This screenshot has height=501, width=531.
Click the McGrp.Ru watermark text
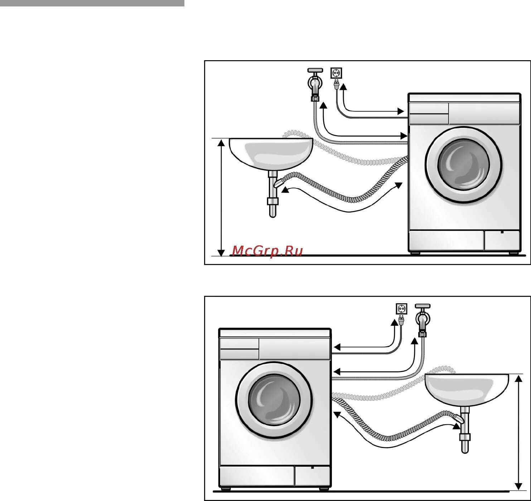pos(267,251)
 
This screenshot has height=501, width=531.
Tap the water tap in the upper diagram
pos(315,82)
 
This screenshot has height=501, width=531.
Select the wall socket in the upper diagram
pos(336,73)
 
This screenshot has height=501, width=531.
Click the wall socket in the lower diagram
pos(401,309)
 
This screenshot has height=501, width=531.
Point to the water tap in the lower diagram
pos(423,319)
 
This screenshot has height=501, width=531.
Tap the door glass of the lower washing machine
pos(274,400)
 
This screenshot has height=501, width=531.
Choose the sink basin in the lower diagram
pos(467,389)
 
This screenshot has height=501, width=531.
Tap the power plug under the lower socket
pos(401,320)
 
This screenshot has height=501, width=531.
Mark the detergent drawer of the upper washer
pos(429,109)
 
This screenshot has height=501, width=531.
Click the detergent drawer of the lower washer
pos(239,344)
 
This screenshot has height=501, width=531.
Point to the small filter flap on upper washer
pos(501,240)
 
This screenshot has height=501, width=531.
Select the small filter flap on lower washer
pos(312,476)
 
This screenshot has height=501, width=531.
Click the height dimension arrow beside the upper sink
pos(222,197)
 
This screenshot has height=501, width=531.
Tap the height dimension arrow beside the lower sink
pos(518,432)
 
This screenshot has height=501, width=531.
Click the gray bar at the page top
pos(92,3)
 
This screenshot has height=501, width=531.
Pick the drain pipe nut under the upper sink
pos(272,201)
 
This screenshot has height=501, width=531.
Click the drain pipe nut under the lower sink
pos(465,437)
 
